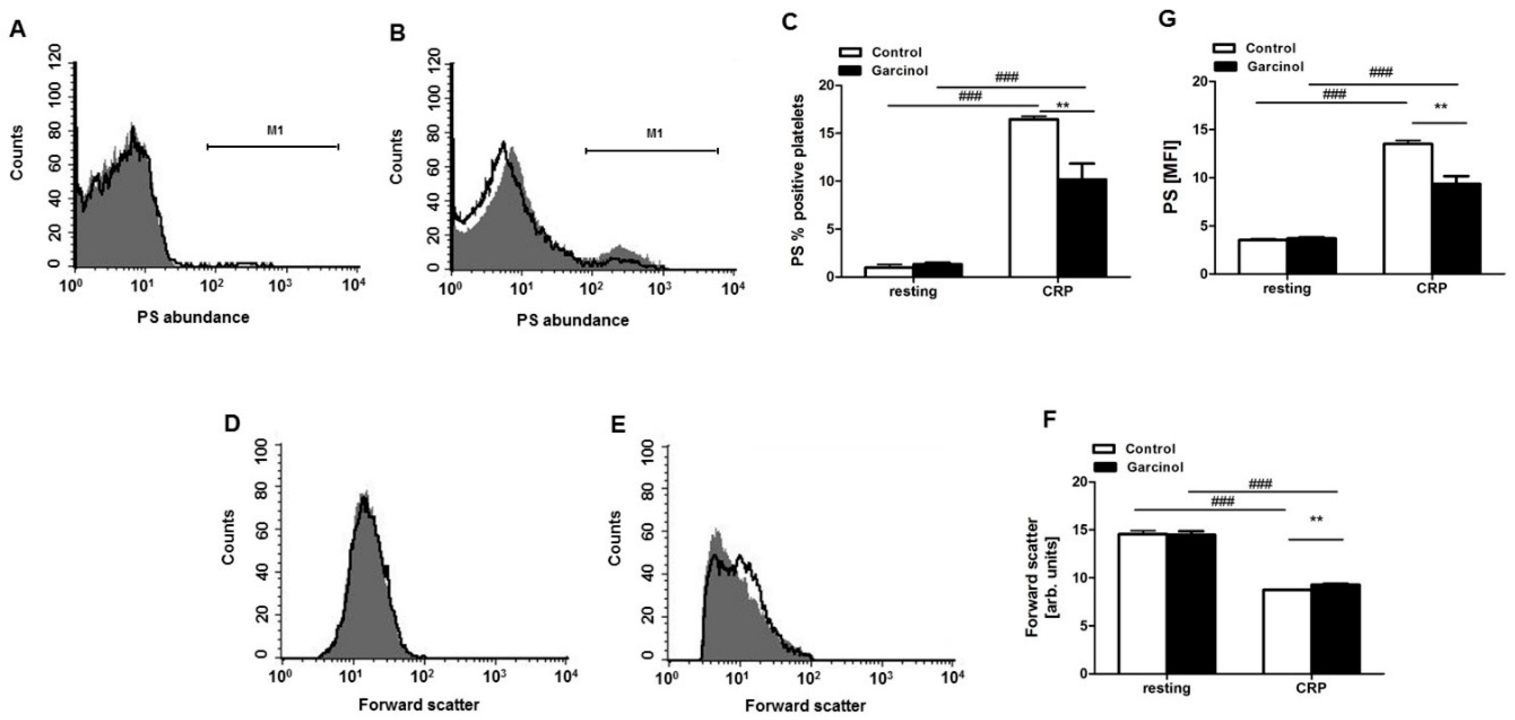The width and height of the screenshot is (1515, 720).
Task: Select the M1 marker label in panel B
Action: click(654, 134)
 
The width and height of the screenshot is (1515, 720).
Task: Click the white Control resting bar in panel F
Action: click(1142, 603)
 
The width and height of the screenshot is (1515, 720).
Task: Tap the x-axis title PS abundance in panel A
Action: click(193, 317)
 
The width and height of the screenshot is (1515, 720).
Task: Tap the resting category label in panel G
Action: click(1287, 289)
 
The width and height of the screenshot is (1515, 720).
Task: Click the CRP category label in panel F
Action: click(1312, 688)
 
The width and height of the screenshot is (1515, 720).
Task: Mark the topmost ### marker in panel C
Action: click(1007, 78)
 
